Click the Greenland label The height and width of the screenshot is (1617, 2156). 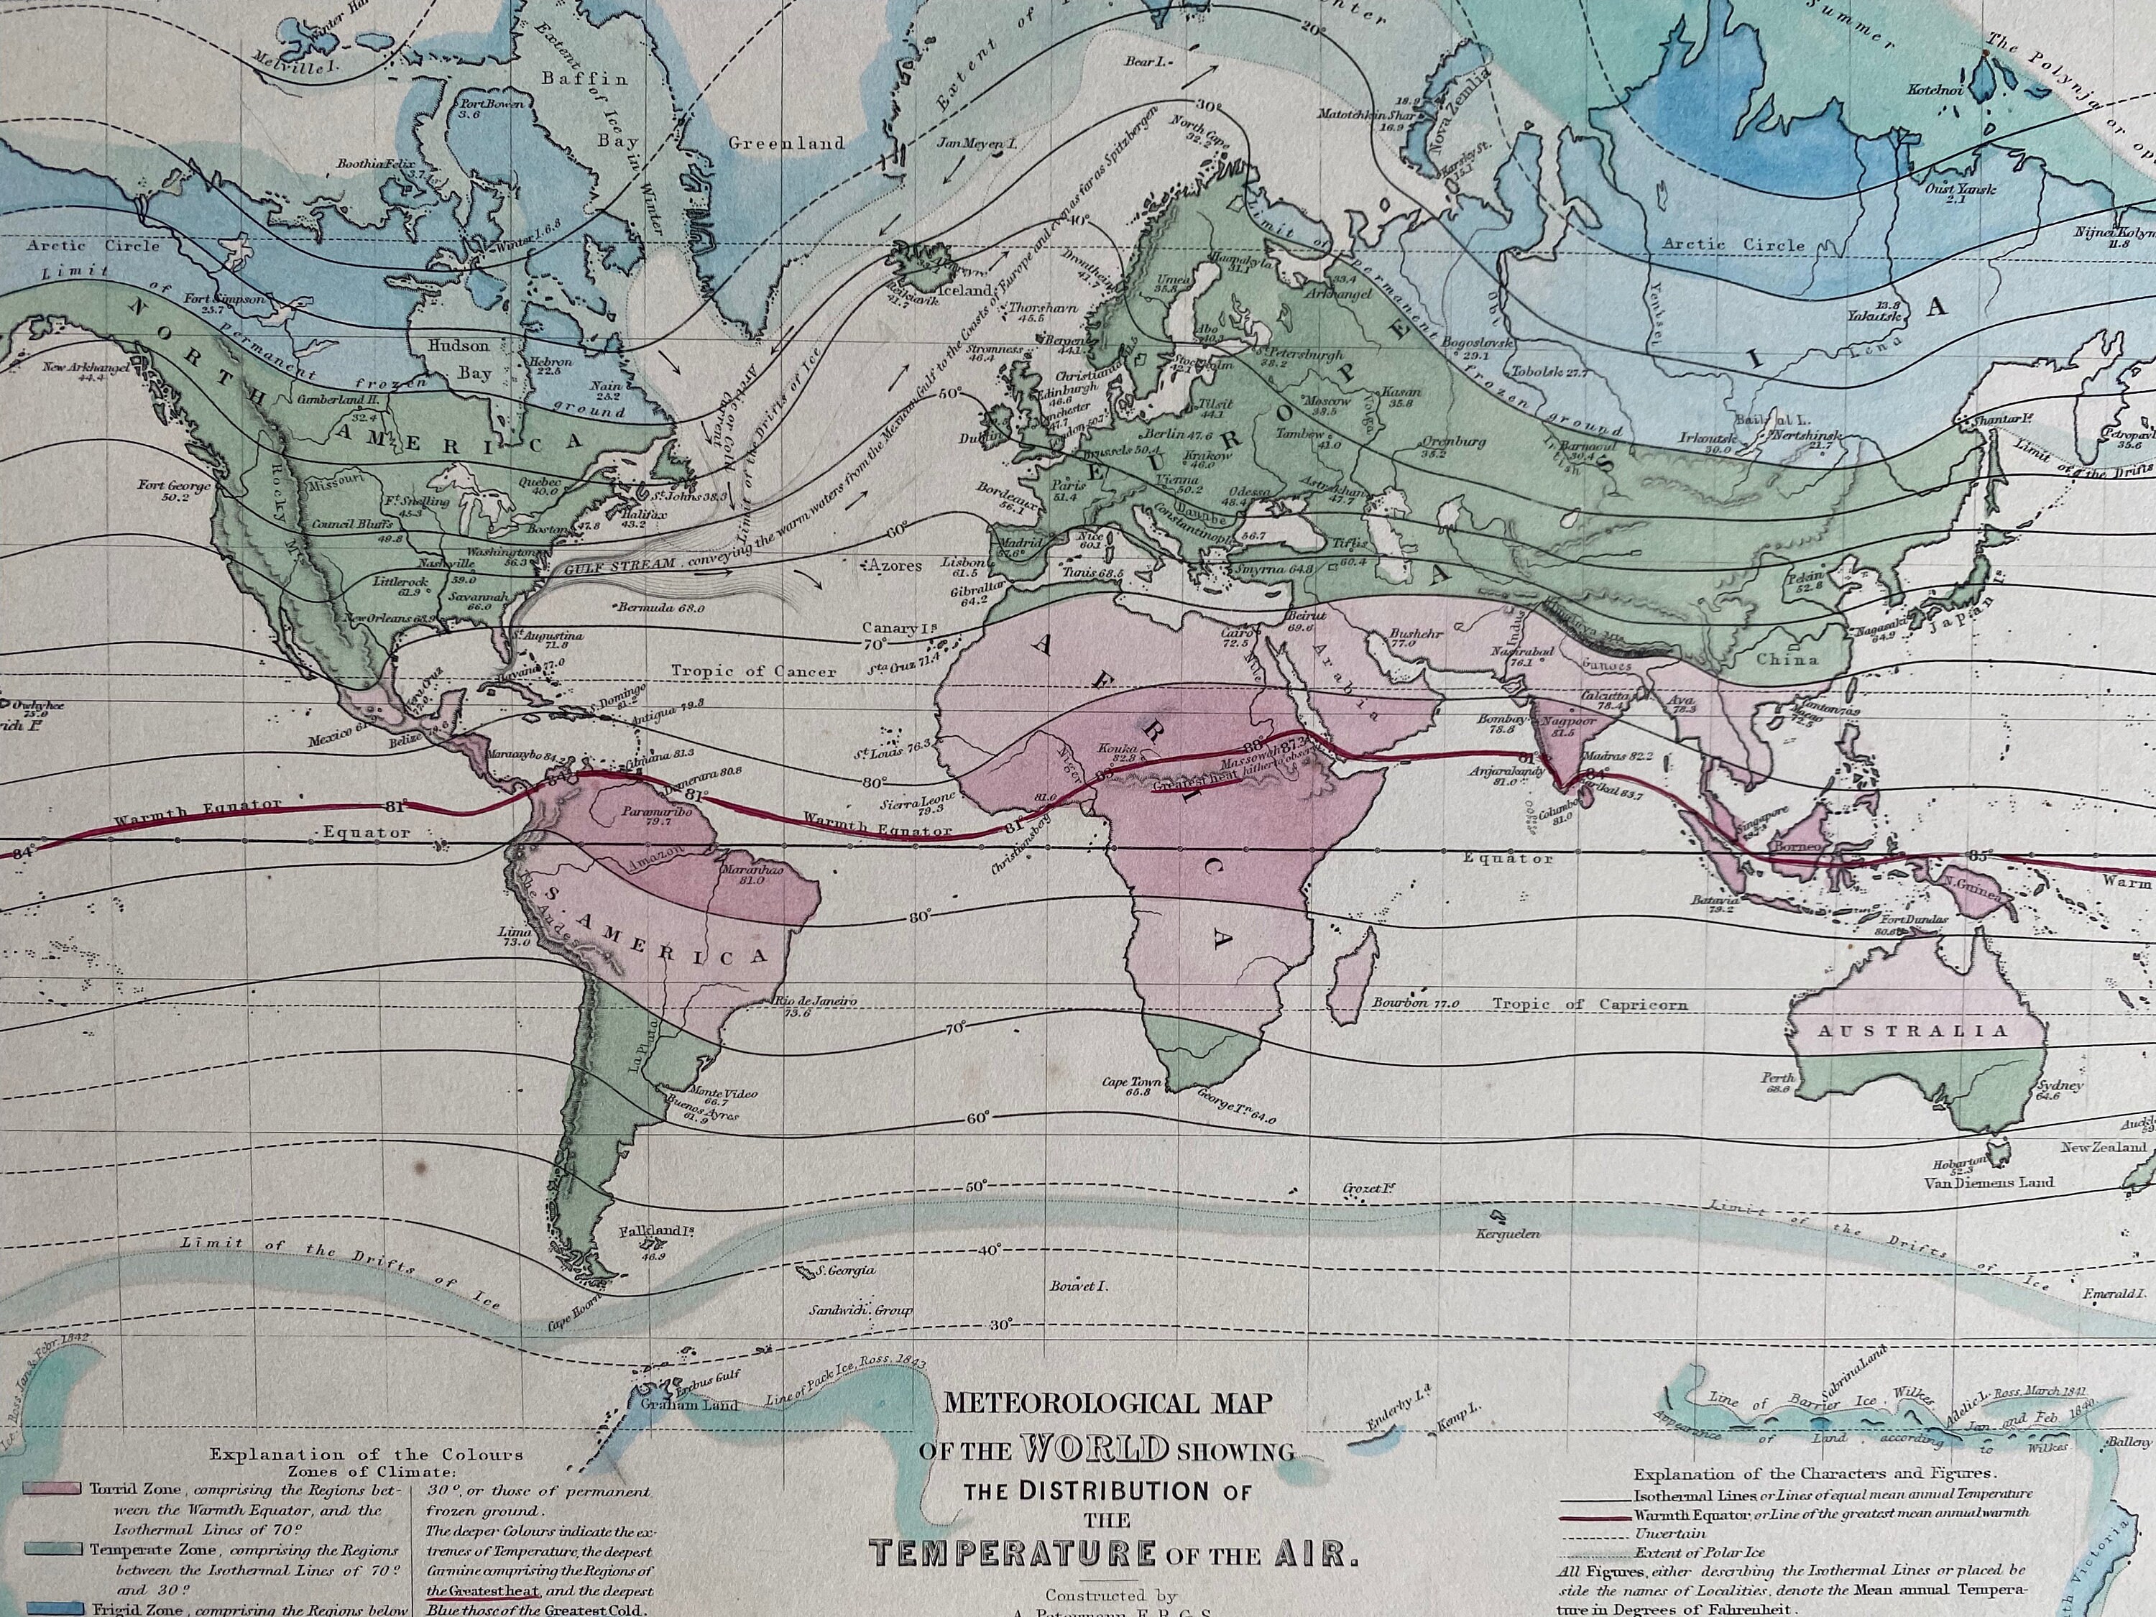pos(786,143)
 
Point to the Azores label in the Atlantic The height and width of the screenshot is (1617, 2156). pos(892,566)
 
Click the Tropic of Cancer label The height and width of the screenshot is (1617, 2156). pos(753,671)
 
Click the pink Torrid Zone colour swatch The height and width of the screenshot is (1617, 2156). pos(52,1491)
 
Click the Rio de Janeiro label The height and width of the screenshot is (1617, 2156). pos(815,1001)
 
